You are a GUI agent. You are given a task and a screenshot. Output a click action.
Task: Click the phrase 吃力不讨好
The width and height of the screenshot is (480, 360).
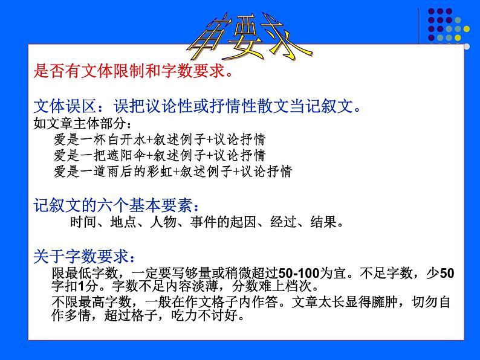pos(209,315)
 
